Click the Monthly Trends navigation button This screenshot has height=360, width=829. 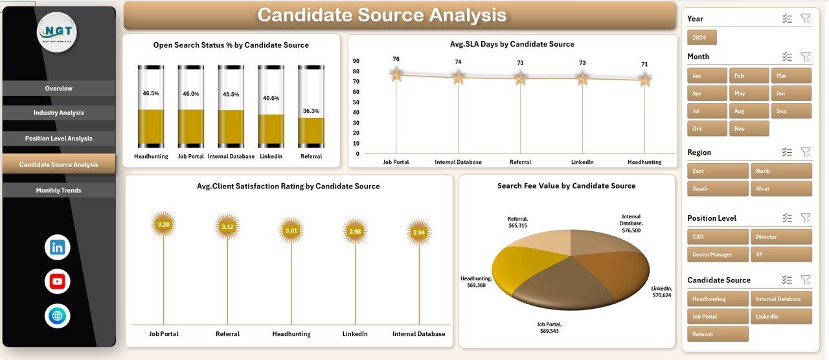click(58, 190)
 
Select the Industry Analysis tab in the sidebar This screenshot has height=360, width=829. click(58, 113)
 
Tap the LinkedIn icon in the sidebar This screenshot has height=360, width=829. click(58, 247)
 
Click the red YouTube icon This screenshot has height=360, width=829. click(58, 282)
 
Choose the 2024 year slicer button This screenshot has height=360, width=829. click(701, 38)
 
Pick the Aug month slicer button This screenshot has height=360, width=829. click(749, 111)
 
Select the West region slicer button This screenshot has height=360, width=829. click(780, 189)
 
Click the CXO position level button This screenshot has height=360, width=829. click(718, 237)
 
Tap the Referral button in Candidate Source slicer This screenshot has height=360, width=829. click(718, 334)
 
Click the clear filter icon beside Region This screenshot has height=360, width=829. click(805, 152)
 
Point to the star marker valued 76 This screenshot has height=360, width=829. click(396, 75)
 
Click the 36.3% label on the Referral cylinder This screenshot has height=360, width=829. click(311, 111)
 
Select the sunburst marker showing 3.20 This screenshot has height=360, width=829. click(164, 225)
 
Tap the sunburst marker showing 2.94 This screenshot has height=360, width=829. click(419, 232)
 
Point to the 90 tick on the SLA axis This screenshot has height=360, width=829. click(356, 61)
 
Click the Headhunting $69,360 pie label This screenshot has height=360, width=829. click(477, 282)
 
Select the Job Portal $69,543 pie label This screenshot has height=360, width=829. click(549, 328)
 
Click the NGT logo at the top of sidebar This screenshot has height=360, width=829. click(57, 32)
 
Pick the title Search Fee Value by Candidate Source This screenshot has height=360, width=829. click(566, 186)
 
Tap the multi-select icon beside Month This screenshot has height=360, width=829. click(787, 57)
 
